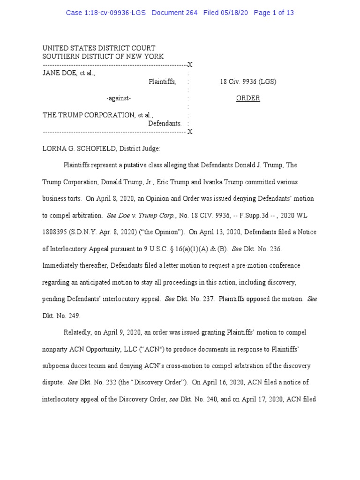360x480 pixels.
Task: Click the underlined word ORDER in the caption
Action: pyautogui.click(x=248, y=98)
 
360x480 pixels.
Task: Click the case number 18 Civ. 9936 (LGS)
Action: pyautogui.click(x=248, y=82)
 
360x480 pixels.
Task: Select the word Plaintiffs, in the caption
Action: pyautogui.click(x=162, y=82)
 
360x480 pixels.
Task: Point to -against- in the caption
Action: pyautogui.click(x=119, y=98)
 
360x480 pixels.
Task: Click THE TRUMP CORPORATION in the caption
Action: pyautogui.click(x=88, y=115)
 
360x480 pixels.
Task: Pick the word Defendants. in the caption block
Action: pyautogui.click(x=165, y=123)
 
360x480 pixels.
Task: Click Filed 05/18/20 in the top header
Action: pyautogui.click(x=225, y=13)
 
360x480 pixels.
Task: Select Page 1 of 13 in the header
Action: pyautogui.click(x=274, y=13)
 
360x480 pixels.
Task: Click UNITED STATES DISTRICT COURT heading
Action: pyautogui.click(x=99, y=48)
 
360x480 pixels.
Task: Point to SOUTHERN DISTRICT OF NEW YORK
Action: pyautogui.click(x=103, y=56)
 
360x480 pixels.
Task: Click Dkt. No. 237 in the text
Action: pyautogui.click(x=195, y=299)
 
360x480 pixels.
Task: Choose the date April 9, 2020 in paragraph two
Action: pyautogui.click(x=125, y=332)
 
